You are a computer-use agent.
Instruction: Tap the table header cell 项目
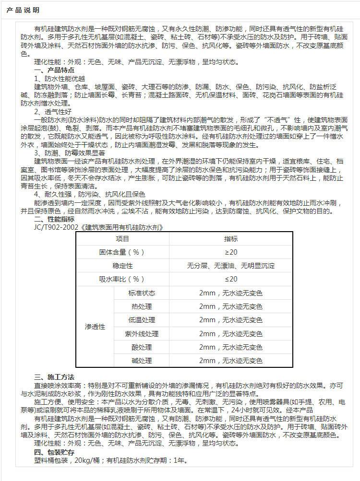pos(123,239)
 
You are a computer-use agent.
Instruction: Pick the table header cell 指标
pos(231,239)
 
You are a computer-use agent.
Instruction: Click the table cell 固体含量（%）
pos(123,252)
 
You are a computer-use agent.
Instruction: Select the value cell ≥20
pos(231,252)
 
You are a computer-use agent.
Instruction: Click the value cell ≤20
pos(231,279)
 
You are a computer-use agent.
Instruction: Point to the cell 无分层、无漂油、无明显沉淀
pos(231,266)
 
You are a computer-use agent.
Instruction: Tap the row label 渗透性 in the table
pos(95,327)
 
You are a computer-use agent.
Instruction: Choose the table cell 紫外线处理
pos(142,333)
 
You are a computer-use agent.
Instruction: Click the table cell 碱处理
pos(142,361)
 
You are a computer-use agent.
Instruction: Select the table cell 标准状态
pos(142,293)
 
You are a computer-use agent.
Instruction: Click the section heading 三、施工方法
pos(54,377)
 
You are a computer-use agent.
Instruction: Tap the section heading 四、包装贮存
pos(54,452)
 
